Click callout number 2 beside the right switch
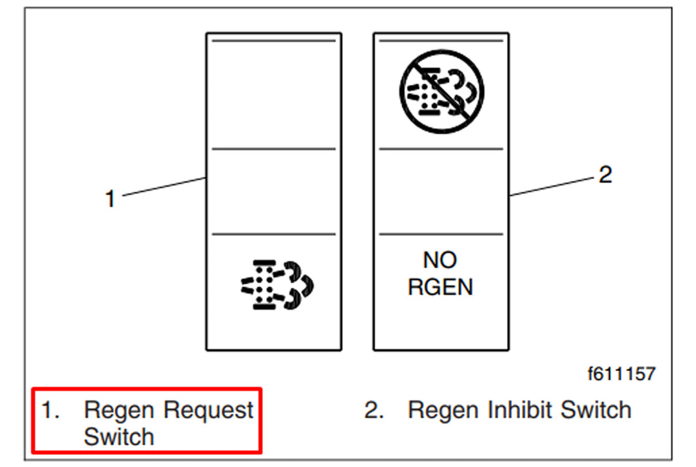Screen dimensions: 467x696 pos(604,175)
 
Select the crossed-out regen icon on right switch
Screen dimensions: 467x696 pos(441,92)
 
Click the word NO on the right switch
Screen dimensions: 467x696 pos(440,260)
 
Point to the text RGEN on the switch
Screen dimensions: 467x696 pos(440,287)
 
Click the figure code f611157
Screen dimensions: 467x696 pos(621,373)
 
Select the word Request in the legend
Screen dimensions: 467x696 pos(208,410)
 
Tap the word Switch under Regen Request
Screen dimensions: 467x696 pos(119,437)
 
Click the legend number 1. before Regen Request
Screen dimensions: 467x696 pos(50,410)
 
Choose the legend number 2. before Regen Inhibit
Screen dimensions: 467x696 pos(374,410)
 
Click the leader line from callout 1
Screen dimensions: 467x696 pos(164,187)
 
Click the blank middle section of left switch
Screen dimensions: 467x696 pos(274,191)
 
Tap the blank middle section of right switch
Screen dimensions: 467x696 pos(441,191)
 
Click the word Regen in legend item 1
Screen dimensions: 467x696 pos(119,410)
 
